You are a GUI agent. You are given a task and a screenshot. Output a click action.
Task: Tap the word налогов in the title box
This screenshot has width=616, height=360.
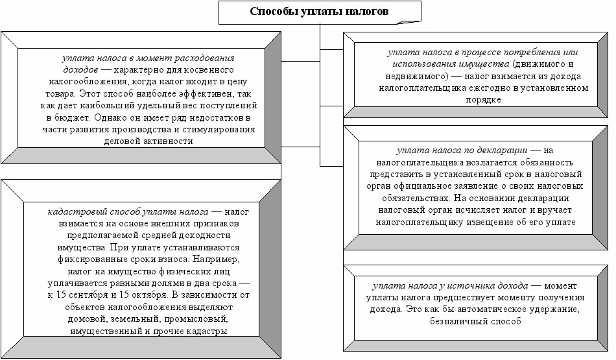click(x=367, y=11)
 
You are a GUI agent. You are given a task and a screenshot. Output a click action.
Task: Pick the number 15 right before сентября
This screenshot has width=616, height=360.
click(x=63, y=295)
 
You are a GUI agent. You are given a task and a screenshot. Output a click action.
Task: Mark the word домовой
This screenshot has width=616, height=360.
click(x=85, y=319)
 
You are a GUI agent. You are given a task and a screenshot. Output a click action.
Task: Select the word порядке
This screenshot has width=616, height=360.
click(x=483, y=100)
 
